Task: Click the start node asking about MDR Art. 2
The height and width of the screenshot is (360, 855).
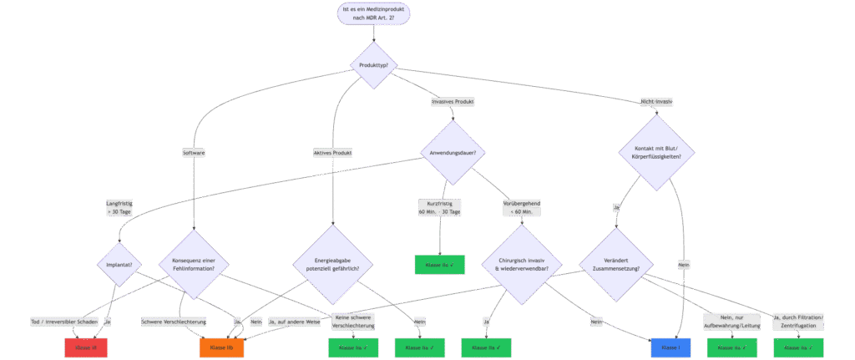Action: click(375, 13)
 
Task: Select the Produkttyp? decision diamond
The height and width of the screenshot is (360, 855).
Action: click(374, 65)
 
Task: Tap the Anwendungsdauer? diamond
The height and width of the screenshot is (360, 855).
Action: click(457, 152)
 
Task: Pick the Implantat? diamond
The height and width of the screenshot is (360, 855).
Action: click(120, 265)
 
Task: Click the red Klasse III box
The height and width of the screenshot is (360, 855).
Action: click(86, 346)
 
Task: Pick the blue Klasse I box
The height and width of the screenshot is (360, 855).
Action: click(670, 346)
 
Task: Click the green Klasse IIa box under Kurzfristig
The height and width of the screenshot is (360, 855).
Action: click(439, 264)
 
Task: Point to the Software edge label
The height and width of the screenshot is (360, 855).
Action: click(194, 153)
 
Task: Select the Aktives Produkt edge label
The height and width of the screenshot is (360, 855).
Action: click(332, 153)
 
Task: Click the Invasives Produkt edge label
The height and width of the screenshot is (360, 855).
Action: click(453, 101)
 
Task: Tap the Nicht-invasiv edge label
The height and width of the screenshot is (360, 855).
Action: click(656, 101)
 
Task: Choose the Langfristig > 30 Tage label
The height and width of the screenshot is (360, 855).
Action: click(119, 207)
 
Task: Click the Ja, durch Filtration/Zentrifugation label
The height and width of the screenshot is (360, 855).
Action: click(799, 321)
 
